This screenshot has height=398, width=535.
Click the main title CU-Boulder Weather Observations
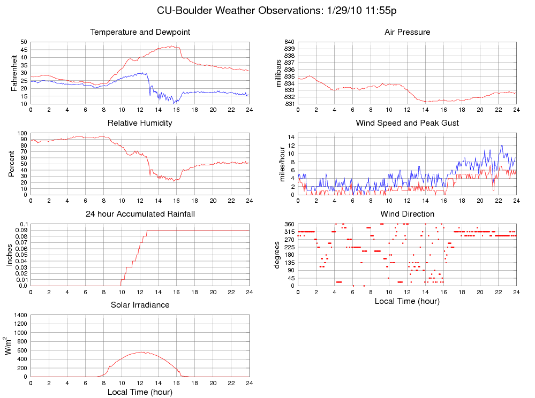coord(276,11)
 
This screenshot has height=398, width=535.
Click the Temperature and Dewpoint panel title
coord(140,32)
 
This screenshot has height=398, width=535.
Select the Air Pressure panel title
coord(407,32)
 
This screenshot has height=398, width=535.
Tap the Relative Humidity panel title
coord(140,123)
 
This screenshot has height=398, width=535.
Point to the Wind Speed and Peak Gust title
coord(407,123)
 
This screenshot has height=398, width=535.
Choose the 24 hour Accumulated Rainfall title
coord(140,214)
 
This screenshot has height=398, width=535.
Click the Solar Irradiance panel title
coord(140,305)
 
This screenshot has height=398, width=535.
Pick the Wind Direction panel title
coord(407,214)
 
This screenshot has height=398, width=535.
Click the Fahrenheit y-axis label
coord(14,73)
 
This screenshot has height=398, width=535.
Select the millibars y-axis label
coord(278,73)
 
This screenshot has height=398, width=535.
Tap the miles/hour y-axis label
coord(282,164)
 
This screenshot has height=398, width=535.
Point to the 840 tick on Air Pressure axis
coord(289,42)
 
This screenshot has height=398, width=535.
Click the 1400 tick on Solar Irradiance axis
coord(20,315)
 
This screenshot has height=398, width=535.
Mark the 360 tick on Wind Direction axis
coord(289,224)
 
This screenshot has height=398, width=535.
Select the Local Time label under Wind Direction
coord(407,301)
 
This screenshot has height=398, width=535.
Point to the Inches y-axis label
coord(9,255)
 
